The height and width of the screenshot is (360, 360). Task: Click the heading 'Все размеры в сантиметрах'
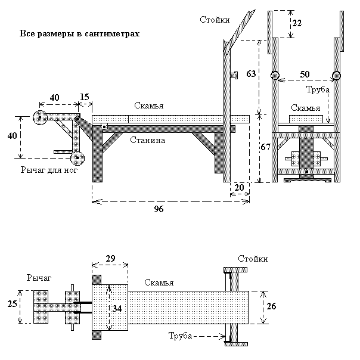tap(80, 34)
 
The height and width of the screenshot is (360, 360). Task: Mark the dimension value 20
tap(240, 188)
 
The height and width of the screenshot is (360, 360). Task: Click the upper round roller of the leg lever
tap(40, 117)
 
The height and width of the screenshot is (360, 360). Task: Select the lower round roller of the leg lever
tap(77, 158)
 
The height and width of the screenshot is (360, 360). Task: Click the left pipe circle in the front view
tap(275, 76)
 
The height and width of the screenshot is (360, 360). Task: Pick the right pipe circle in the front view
tap(336, 76)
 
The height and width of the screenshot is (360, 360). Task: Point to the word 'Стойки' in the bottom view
tap(253, 259)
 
